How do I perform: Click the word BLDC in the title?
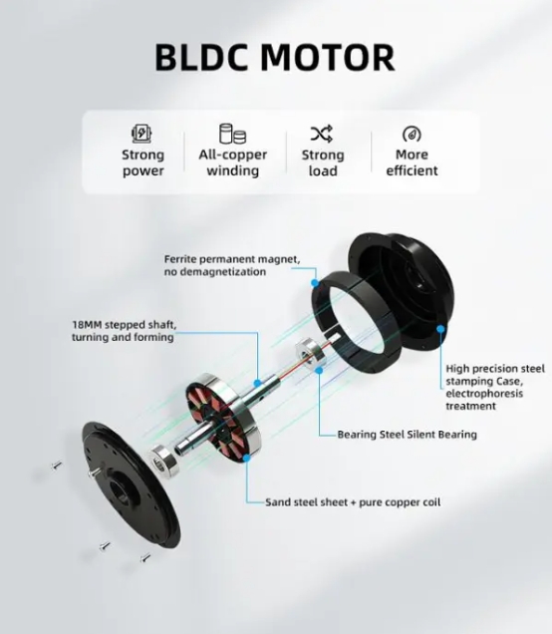tap(201, 58)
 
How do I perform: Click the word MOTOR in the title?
tap(328, 58)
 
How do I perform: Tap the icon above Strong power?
tap(141, 134)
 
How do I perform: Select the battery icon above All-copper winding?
tap(232, 134)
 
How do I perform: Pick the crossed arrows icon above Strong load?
tap(322, 134)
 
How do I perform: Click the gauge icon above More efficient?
tap(412, 135)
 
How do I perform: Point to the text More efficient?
tap(412, 162)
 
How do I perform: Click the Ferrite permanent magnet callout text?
tap(232, 265)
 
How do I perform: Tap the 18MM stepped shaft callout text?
tap(125, 331)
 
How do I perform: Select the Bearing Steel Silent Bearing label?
tap(407, 435)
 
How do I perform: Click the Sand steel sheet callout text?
tap(353, 502)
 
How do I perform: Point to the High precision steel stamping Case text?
tap(495, 387)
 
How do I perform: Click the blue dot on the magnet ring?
tap(315, 283)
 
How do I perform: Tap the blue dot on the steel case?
tap(440, 329)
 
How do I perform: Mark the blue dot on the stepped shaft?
tap(257, 384)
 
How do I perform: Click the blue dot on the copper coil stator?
tap(246, 458)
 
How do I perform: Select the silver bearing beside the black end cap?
tap(161, 461)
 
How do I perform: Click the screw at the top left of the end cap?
tap(57, 466)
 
